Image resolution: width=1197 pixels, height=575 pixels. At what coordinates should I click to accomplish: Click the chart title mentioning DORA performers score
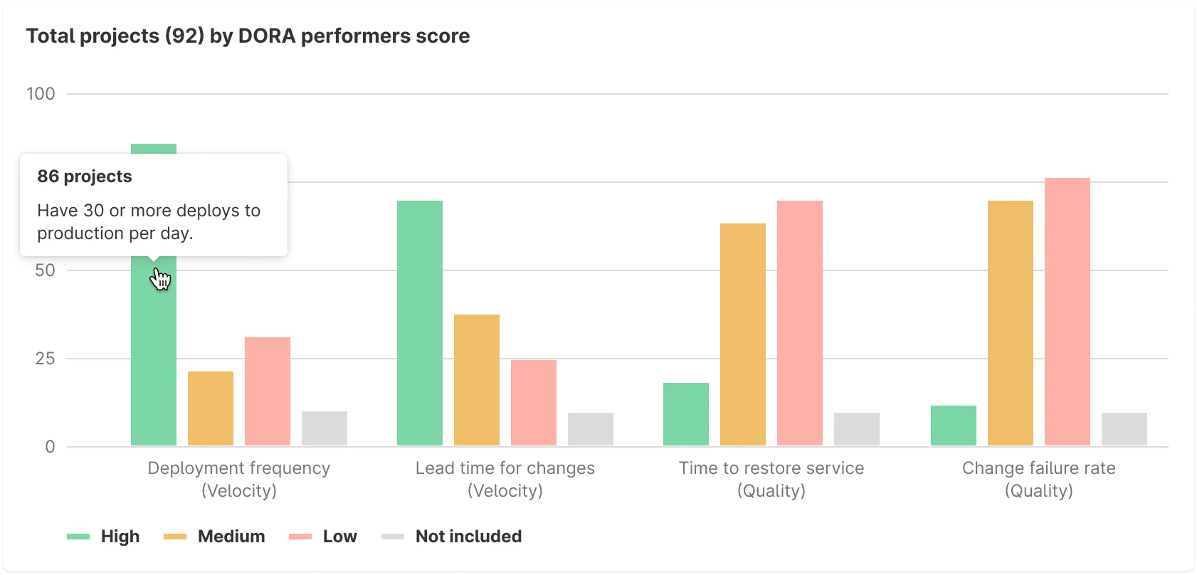coord(248,36)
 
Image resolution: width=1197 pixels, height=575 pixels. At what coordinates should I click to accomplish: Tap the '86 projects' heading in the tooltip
coord(85,176)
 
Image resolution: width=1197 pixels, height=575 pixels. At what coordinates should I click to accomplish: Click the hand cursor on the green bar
coord(160,279)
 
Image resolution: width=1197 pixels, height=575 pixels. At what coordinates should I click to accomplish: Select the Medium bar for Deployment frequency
coord(211,408)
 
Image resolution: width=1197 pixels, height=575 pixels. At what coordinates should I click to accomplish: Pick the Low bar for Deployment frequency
coord(268,391)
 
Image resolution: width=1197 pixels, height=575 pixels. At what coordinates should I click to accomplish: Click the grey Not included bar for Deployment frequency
coord(325,428)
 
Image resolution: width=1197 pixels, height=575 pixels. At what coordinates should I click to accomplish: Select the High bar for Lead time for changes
coord(420,323)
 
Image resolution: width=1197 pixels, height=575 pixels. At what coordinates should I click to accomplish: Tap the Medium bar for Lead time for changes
coord(477,380)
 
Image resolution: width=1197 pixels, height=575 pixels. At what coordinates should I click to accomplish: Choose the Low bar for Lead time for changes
coord(534,403)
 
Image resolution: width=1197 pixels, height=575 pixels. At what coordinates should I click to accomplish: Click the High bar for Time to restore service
coord(686,414)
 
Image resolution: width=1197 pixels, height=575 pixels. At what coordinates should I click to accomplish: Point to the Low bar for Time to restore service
coord(800,323)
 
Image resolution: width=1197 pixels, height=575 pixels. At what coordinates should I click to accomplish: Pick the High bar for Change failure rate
coord(954,426)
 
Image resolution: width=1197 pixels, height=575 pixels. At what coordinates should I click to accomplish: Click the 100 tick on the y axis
coord(41,94)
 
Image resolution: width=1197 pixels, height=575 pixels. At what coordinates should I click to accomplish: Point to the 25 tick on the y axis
coord(45,359)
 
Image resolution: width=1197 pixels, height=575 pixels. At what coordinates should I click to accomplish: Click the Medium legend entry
coord(215,537)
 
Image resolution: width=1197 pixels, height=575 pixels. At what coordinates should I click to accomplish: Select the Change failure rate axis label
coord(1038,479)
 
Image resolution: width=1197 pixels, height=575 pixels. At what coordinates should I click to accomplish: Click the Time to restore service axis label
coord(771,479)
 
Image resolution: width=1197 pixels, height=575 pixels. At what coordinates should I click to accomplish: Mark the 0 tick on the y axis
coord(50,447)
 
